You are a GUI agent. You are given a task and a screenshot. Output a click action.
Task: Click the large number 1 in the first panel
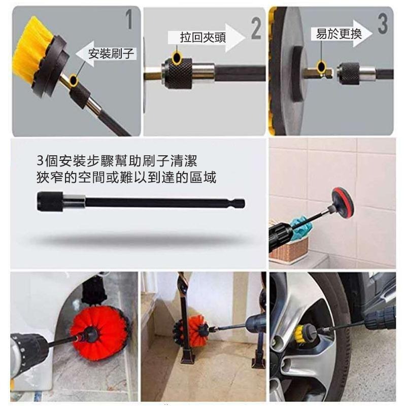pos(129,19)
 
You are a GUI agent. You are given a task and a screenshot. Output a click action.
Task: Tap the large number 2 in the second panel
pos(256,29)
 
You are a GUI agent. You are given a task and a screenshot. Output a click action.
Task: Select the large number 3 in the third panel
pos(383,23)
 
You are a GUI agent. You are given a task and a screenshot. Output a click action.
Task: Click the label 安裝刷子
pos(111,53)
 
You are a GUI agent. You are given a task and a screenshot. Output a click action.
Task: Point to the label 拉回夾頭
pos(202,37)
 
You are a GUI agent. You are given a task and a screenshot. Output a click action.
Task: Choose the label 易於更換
pos(339,33)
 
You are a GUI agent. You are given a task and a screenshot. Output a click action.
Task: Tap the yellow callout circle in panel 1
pos(74,80)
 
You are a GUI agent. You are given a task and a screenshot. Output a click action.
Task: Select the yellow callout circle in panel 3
pos(321,66)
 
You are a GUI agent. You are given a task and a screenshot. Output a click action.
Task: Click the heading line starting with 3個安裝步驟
pos(117,160)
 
